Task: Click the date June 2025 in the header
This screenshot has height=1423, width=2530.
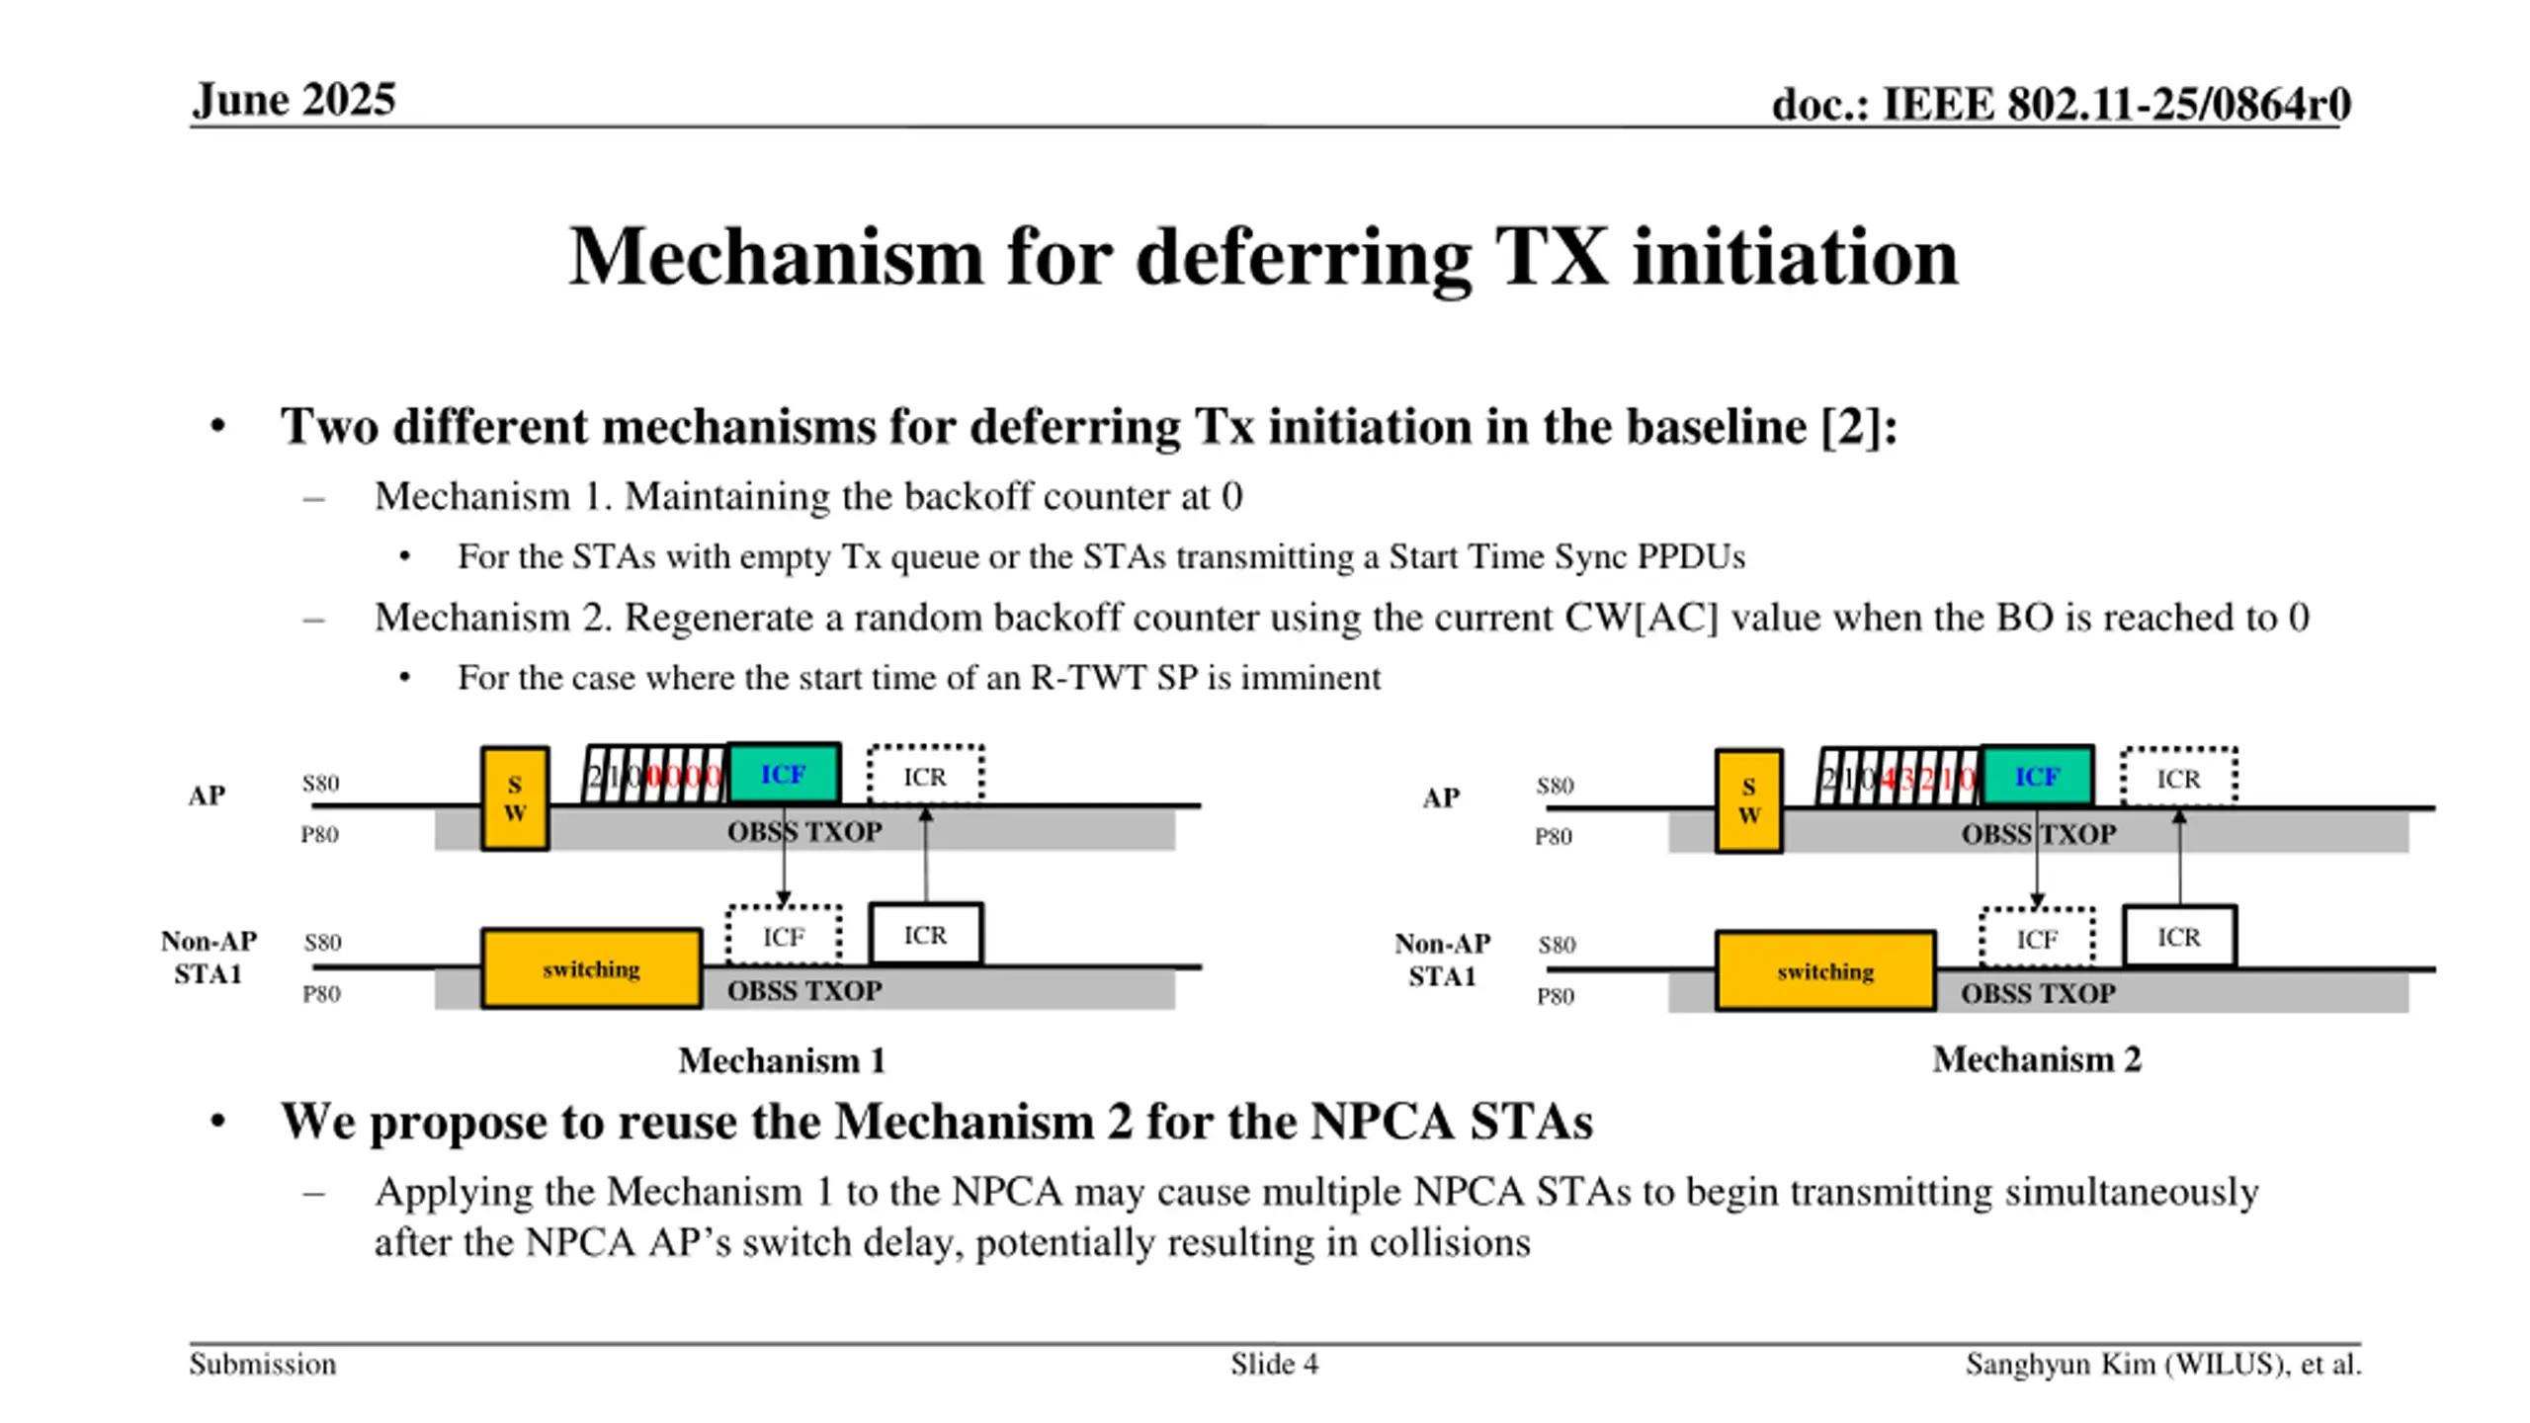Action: click(294, 100)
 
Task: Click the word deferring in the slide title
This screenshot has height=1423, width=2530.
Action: click(1304, 257)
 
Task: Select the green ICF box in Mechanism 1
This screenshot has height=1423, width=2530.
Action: click(784, 775)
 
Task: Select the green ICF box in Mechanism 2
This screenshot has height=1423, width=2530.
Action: click(2037, 778)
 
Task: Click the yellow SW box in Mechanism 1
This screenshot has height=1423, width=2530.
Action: click(515, 798)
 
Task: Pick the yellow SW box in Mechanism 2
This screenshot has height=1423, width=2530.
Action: click(1748, 800)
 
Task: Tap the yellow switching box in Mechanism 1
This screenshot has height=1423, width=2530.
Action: click(591, 968)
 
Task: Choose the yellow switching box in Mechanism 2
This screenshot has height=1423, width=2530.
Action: click(1824, 971)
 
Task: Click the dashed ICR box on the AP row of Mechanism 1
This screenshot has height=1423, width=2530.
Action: click(925, 777)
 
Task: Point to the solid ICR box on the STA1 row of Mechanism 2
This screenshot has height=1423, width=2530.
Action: click(2178, 937)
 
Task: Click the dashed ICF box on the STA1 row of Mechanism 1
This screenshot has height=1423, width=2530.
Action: click(784, 936)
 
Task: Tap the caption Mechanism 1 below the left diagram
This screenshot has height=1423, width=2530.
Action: click(781, 1060)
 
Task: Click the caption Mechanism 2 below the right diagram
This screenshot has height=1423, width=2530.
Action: click(2036, 1059)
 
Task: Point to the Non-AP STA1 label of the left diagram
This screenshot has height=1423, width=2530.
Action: click(209, 958)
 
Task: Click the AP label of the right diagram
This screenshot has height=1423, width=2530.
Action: click(1440, 797)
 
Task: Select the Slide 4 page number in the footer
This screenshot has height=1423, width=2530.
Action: click(1274, 1365)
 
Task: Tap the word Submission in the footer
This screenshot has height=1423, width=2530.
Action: click(263, 1365)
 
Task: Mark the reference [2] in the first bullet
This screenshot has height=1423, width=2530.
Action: click(1851, 427)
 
